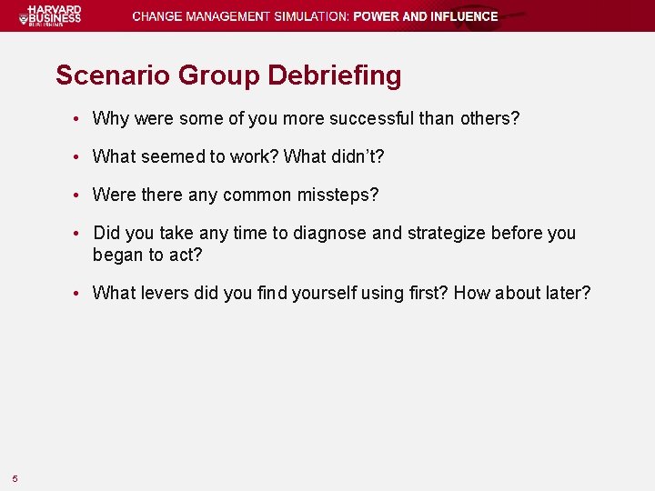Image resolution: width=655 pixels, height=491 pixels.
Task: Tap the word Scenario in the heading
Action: (x=112, y=75)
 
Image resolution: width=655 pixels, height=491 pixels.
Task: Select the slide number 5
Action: (x=15, y=479)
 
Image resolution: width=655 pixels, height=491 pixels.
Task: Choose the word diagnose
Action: (x=332, y=234)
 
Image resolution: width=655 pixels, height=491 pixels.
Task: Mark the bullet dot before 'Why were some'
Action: (x=81, y=119)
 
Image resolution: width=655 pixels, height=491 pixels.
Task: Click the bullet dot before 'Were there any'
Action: (x=81, y=195)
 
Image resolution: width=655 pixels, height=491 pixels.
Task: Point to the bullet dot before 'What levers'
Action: (x=81, y=294)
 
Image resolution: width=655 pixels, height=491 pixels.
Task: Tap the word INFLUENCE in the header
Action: (x=457, y=16)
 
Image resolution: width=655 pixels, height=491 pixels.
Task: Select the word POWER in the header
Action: (x=373, y=16)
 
